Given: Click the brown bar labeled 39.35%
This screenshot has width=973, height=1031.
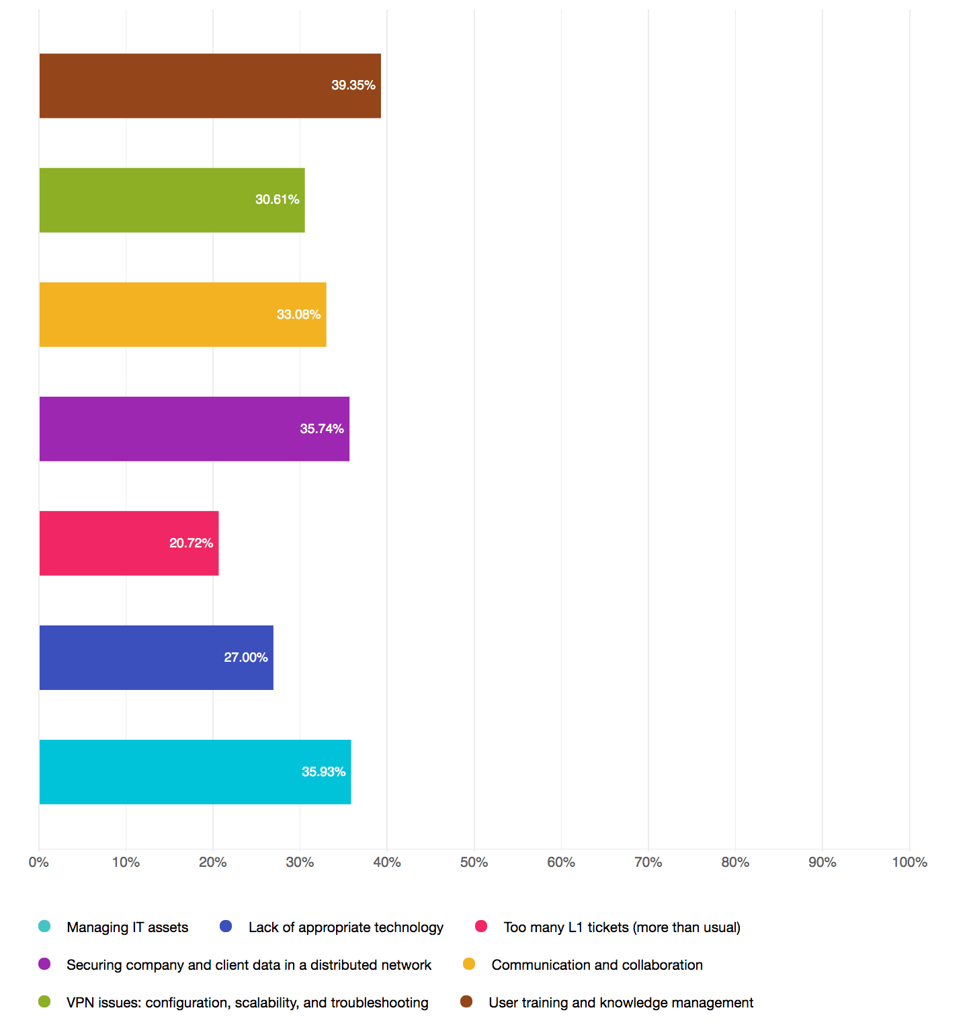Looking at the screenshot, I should point(210,86).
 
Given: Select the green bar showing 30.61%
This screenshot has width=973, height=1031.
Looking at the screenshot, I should point(172,200).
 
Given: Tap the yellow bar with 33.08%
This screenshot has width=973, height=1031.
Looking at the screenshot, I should point(183,315).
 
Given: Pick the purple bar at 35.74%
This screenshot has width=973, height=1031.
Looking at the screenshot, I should point(194,429).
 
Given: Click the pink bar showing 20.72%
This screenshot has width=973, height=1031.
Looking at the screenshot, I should point(129,543).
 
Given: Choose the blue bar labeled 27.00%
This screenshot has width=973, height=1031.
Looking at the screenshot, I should point(156,658).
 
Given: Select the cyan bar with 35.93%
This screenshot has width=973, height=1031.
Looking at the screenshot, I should point(195,772).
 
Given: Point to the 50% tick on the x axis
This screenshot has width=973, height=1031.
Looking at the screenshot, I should point(474,862).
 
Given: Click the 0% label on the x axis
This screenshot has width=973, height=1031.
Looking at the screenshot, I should point(39,862).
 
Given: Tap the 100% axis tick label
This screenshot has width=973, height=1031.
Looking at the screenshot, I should point(909,862).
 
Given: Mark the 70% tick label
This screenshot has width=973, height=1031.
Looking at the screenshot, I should point(648,862).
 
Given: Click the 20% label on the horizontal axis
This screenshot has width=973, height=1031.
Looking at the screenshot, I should point(213,862).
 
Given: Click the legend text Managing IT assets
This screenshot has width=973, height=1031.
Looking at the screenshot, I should point(128,927).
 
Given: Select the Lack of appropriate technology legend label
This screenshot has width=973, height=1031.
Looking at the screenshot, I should point(346,927).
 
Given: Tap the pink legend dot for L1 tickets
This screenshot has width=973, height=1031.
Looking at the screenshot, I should point(481,927).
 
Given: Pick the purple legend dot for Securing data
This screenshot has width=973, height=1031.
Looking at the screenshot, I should point(45,964).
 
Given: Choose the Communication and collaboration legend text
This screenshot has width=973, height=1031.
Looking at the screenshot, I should point(597,965).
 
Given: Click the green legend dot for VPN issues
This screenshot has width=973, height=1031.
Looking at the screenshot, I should point(45,1002).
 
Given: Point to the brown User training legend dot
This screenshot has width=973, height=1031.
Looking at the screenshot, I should point(466,1002).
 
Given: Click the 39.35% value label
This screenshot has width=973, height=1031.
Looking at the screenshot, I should point(353,85).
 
